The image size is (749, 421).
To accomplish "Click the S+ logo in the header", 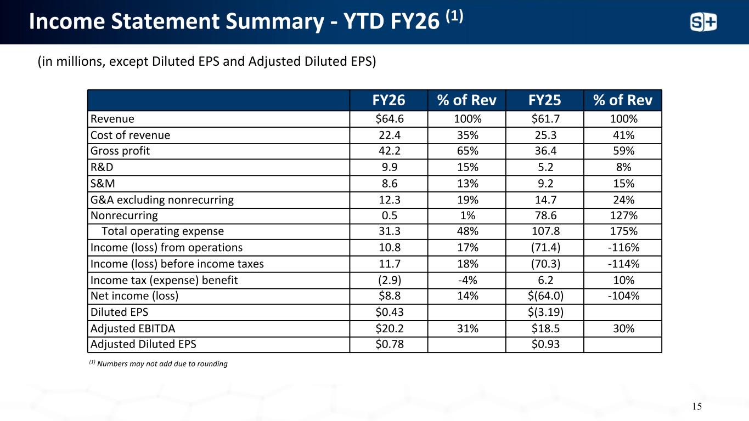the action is pos(703,22).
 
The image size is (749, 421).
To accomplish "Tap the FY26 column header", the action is pos(388,100).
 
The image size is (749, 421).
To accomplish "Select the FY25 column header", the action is pos(545,100).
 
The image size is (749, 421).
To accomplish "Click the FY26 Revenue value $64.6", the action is pos(390,119).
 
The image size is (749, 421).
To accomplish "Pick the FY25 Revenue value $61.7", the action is pos(545,119).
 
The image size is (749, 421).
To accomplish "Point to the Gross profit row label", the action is pos(120,151).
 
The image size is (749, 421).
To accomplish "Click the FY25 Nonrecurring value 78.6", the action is pos(545,215).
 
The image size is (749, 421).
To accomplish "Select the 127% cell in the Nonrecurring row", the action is pos(623,215).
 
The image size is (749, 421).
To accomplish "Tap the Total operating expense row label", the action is pos(162,231).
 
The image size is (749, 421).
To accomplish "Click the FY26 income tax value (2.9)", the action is pos(390,280).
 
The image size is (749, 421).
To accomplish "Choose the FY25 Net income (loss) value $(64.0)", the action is pos(545,296).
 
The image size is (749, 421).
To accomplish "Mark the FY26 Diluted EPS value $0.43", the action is pos(390,312).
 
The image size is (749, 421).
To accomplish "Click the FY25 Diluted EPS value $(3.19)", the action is pos(545,312).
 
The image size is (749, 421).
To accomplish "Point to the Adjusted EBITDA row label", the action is pos(133,328).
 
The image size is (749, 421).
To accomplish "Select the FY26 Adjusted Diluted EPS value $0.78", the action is pos(390,344).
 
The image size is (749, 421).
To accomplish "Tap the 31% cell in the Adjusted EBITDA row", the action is pos(468,328).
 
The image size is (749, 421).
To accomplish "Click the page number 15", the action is pos(697,406).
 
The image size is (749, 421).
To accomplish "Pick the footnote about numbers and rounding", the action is pos(159,363).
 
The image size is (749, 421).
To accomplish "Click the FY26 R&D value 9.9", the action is pos(390,167).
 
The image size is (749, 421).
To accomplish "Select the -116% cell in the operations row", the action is pos(623,248).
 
